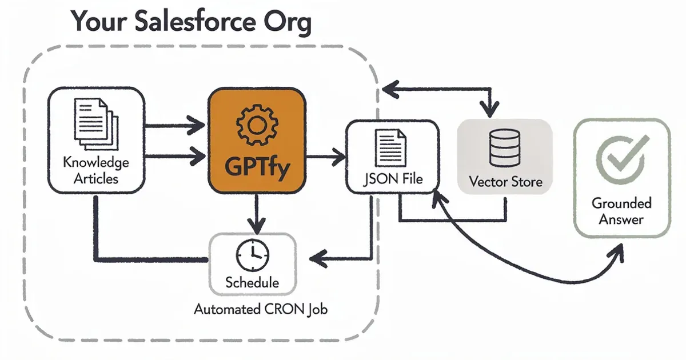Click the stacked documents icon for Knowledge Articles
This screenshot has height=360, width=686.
[95, 123]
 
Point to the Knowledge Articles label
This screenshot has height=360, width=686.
[95, 170]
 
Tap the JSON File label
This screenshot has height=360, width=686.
[393, 179]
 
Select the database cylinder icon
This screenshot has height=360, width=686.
[505, 148]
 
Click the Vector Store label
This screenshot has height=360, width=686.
[505, 182]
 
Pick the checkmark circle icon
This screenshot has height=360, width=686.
[621, 155]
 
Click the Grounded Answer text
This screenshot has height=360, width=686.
[621, 211]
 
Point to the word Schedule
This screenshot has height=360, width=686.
[252, 282]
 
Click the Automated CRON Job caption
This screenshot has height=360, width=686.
[261, 310]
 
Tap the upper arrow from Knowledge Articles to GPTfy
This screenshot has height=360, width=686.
[171, 124]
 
